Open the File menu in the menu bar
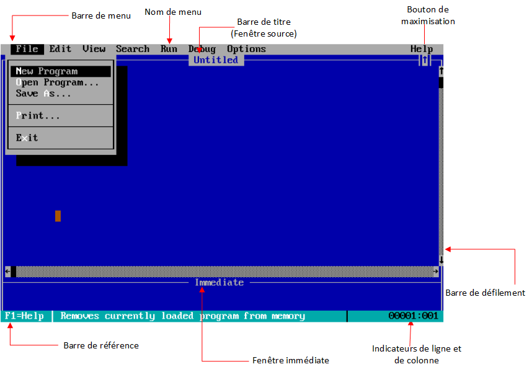[x=27, y=49]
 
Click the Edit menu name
[x=60, y=49]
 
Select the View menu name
[x=94, y=49]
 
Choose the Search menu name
[x=132, y=49]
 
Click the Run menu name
[x=169, y=49]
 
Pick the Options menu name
[x=246, y=49]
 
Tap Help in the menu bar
[x=421, y=49]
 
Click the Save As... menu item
[x=43, y=94]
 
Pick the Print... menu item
[x=38, y=115]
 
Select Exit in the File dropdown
[x=27, y=138]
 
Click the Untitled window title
[x=216, y=60]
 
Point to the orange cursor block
[x=58, y=216]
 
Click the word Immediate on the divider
[x=219, y=283]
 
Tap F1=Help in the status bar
[x=24, y=316]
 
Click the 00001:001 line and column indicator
[x=413, y=316]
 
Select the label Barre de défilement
[x=485, y=293]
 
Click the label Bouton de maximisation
[x=428, y=15]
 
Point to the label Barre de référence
[x=101, y=345]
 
